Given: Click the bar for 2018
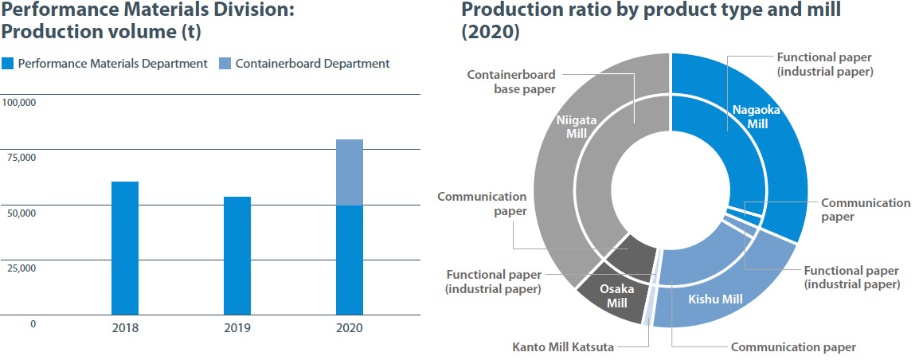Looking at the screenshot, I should coord(125,248).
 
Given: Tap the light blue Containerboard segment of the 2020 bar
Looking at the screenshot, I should coord(350,172).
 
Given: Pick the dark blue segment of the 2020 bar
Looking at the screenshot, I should coord(350,260).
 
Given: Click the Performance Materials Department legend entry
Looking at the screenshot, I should coord(105,64).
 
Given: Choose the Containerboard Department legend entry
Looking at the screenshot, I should coord(305,64).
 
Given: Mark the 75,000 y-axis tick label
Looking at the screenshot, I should coord(21,158).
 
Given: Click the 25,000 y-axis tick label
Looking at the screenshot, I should coord(21,268).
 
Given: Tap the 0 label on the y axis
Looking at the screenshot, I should coord(33,324).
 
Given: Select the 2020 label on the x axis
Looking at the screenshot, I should coord(350,327).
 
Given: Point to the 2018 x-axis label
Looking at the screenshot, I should coord(125,327).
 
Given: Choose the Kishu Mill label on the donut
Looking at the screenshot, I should coord(715,299).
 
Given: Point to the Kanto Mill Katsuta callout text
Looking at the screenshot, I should coord(563,346).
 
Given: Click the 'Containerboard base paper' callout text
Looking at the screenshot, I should coord(510,82).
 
